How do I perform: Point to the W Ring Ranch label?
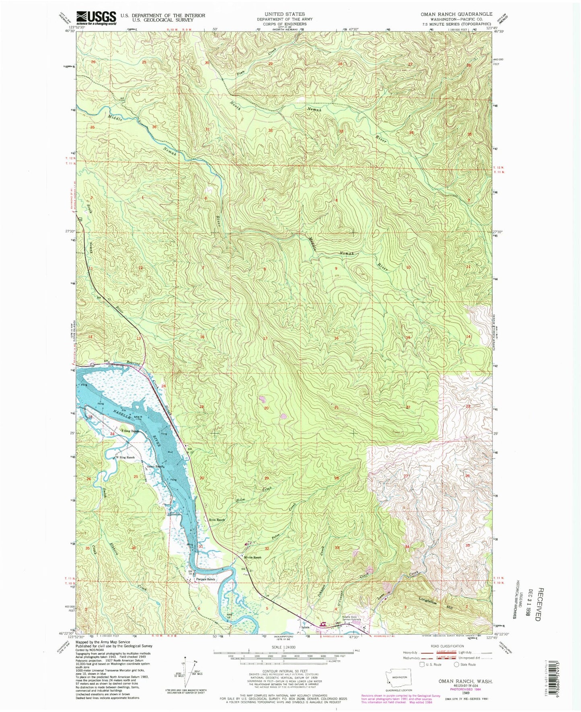click(x=125, y=458)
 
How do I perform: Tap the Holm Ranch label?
click(x=216, y=520)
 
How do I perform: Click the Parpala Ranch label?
click(x=205, y=579)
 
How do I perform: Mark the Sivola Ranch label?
click(x=253, y=557)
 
